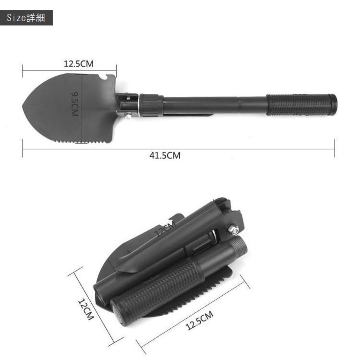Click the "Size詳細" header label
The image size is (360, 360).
click(26, 18)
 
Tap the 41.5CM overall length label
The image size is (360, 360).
click(165, 156)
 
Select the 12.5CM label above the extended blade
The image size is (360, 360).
click(78, 64)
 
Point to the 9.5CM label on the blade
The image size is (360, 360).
click(75, 104)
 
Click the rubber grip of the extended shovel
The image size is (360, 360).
click(298, 105)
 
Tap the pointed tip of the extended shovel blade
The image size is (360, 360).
click(23, 106)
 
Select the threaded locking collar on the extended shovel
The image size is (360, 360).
click(151, 105)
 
